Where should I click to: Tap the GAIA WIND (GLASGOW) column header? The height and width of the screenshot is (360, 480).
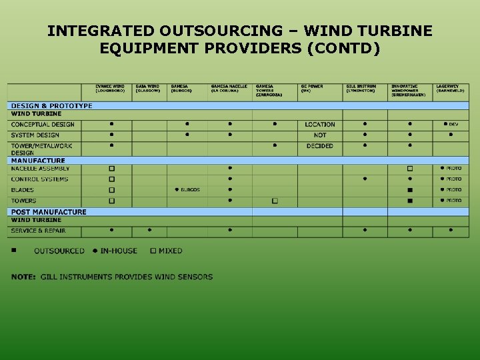click(148, 89)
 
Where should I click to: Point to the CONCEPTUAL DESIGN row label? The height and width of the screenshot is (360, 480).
click(43, 125)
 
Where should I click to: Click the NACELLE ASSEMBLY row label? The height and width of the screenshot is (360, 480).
click(40, 169)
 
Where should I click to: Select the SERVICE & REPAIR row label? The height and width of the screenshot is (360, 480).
click(38, 231)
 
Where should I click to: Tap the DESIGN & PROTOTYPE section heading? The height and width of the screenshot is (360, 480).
click(51, 106)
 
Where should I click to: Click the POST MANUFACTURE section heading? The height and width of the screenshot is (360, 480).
click(49, 212)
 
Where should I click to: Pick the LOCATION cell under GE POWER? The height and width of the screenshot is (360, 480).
click(320, 125)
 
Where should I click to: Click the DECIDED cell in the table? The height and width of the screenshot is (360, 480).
click(320, 146)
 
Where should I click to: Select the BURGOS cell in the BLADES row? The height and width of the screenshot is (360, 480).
click(187, 190)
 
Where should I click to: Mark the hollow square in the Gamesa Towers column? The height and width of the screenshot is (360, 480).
click(275, 201)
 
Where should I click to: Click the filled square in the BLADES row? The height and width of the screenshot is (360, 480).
click(410, 190)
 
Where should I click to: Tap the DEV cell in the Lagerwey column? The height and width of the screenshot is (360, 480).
click(451, 125)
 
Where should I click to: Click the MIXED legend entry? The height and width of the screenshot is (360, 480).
click(167, 251)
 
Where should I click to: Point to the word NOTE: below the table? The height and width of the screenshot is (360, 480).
click(23, 277)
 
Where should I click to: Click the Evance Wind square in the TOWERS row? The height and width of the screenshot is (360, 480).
click(111, 201)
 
